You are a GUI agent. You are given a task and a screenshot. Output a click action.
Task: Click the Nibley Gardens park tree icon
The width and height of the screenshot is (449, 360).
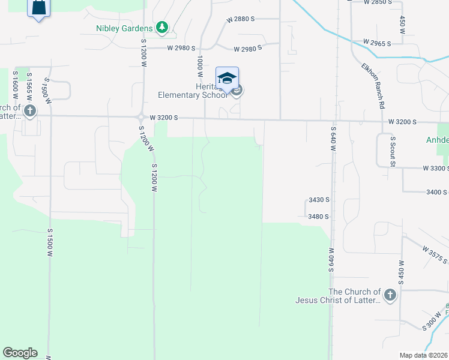(161, 27)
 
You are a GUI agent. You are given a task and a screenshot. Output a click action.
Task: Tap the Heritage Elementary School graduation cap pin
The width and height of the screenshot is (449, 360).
(227, 79)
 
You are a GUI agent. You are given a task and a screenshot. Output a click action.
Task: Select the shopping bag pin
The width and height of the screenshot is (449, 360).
(38, 8)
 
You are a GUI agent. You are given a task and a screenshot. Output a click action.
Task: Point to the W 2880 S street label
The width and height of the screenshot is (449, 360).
(241, 20)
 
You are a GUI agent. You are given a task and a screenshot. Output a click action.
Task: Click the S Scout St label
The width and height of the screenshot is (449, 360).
(393, 151)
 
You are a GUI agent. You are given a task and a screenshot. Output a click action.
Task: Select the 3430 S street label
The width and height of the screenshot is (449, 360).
(319, 200)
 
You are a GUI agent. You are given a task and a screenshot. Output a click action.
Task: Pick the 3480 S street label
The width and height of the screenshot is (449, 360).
(319, 217)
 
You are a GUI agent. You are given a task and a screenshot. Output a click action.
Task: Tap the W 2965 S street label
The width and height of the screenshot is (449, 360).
(377, 43)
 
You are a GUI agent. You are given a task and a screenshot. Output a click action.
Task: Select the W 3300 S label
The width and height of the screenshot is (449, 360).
(435, 169)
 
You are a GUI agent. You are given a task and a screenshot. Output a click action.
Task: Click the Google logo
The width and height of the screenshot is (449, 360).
(20, 353)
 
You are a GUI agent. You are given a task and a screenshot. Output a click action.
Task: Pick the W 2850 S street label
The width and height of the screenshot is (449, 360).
(378, 2)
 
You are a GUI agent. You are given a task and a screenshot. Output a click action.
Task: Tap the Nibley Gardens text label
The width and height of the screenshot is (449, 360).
(125, 28)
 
